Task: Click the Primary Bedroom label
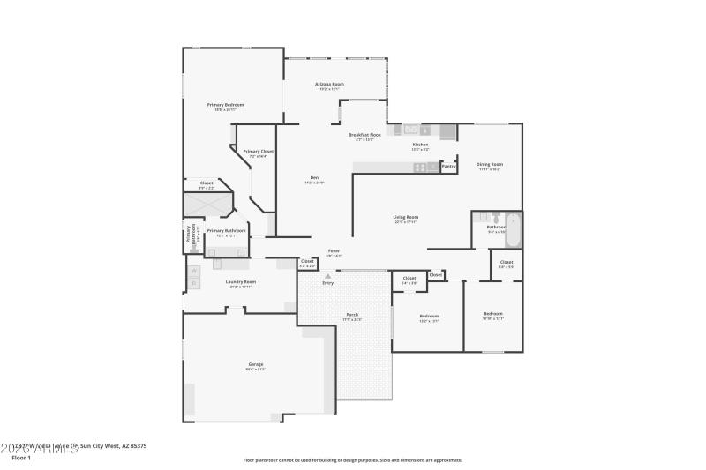click(225, 105)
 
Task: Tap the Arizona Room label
click(330, 84)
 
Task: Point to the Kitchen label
click(421, 145)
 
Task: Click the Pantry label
click(448, 165)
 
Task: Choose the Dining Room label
click(490, 164)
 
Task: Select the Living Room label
click(406, 217)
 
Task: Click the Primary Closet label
click(259, 152)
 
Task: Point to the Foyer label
click(334, 251)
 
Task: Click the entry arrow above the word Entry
click(328, 276)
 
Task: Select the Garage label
click(256, 364)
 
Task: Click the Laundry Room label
click(240, 282)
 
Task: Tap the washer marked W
click(193, 271)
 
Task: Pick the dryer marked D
click(193, 283)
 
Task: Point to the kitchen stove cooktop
click(419, 167)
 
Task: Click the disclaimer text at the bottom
click(352, 459)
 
